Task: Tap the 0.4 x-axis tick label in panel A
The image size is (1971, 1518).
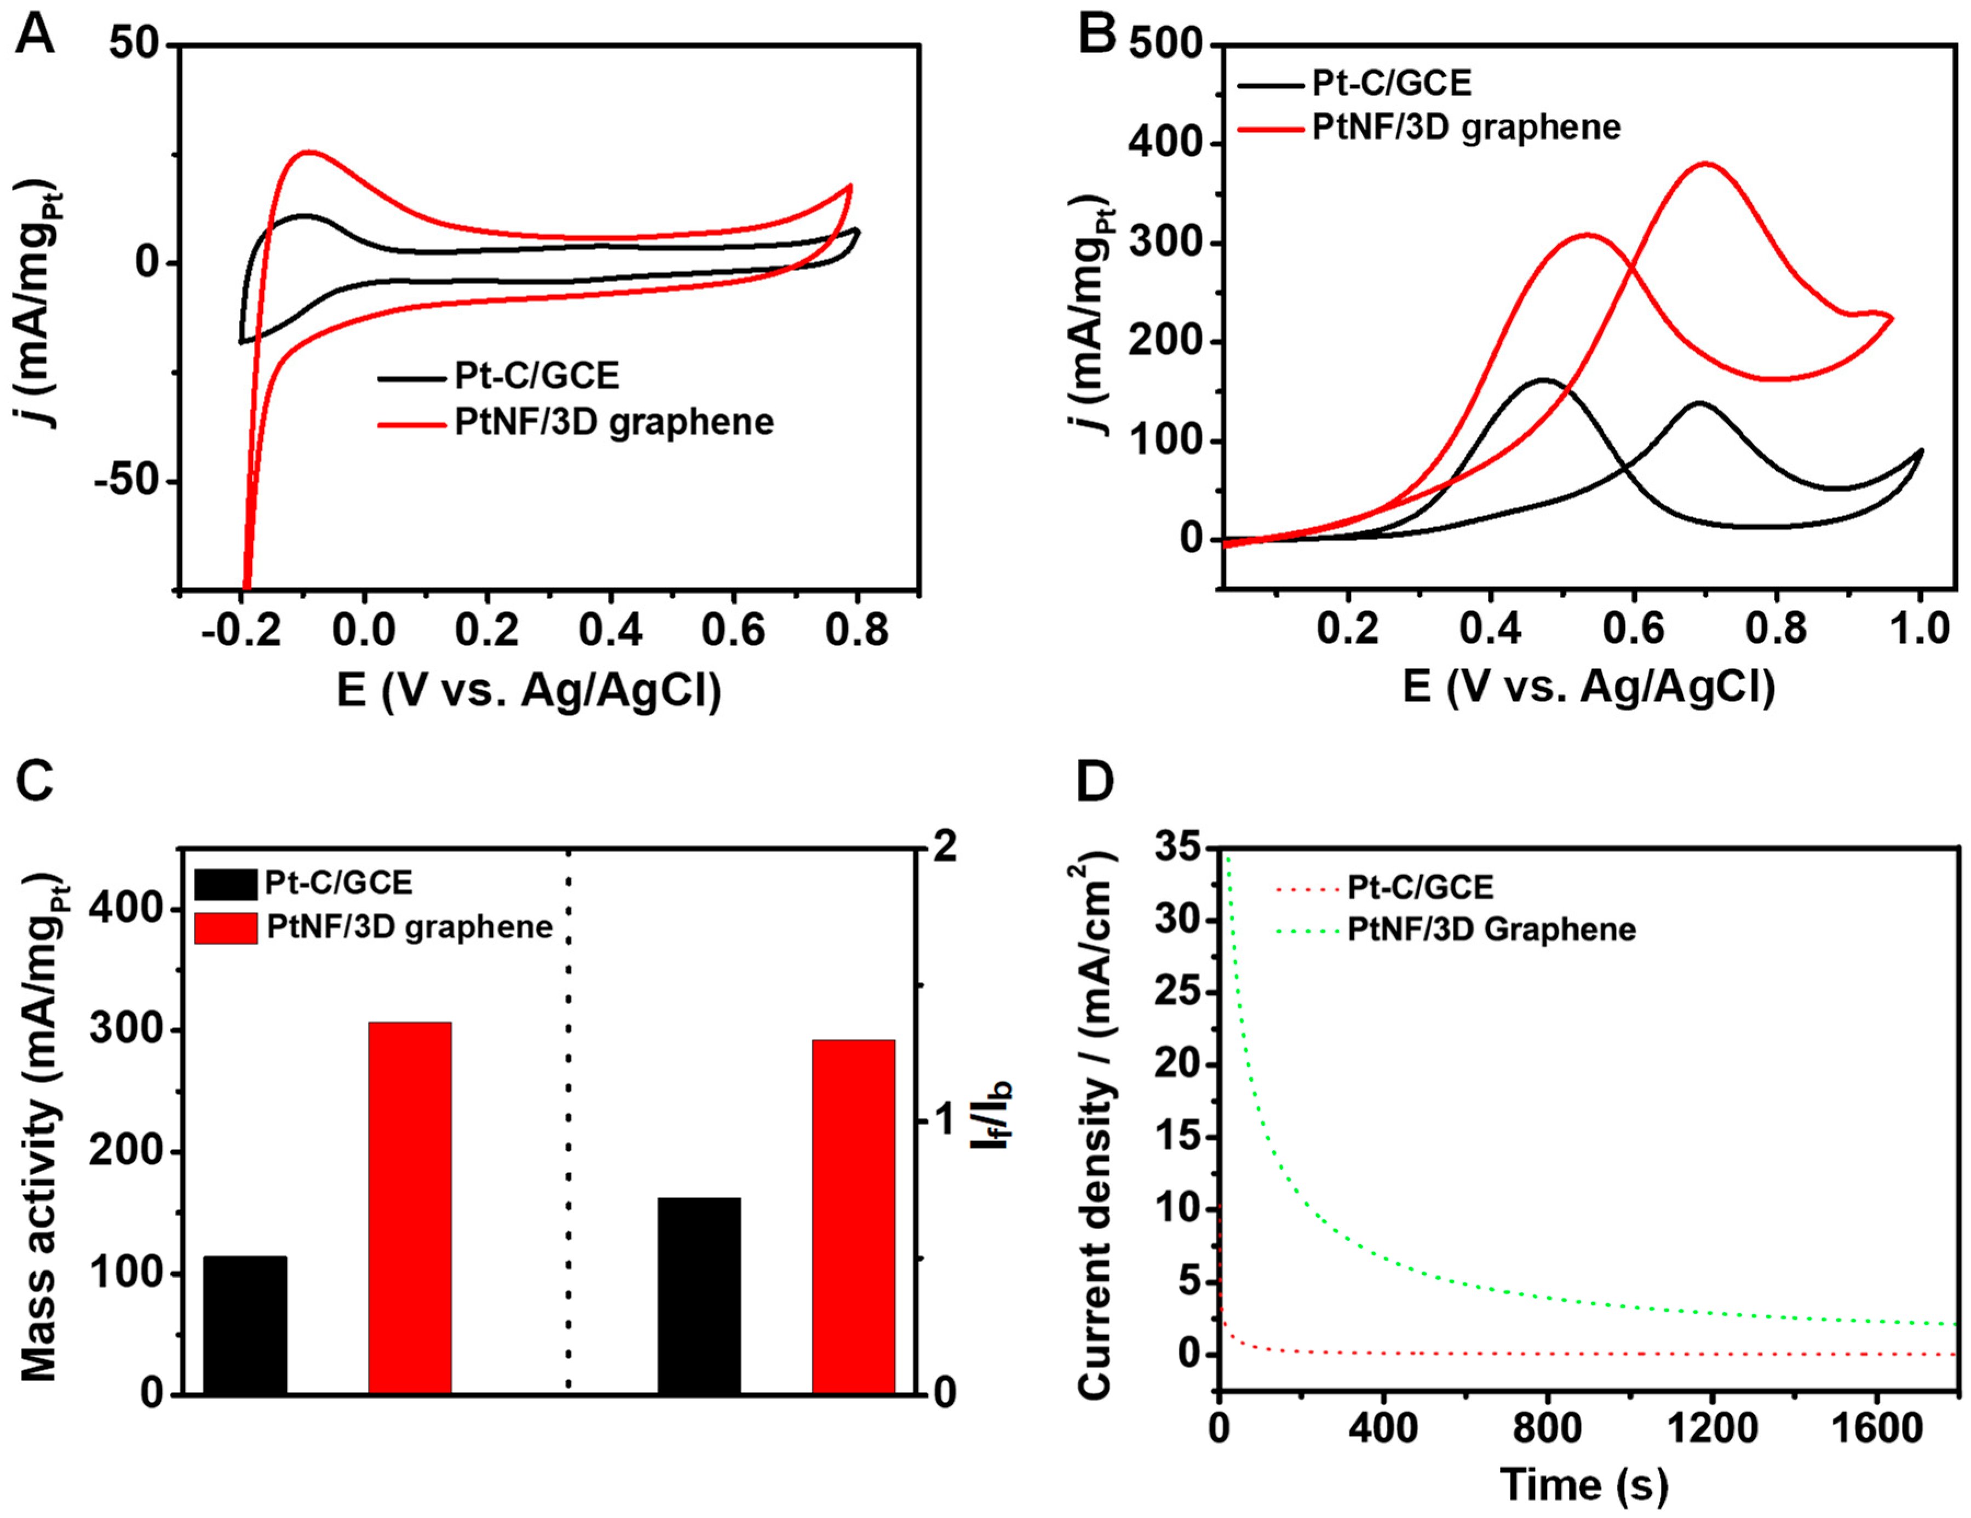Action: click(610, 630)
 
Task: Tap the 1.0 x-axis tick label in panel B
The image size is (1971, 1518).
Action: click(1918, 628)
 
